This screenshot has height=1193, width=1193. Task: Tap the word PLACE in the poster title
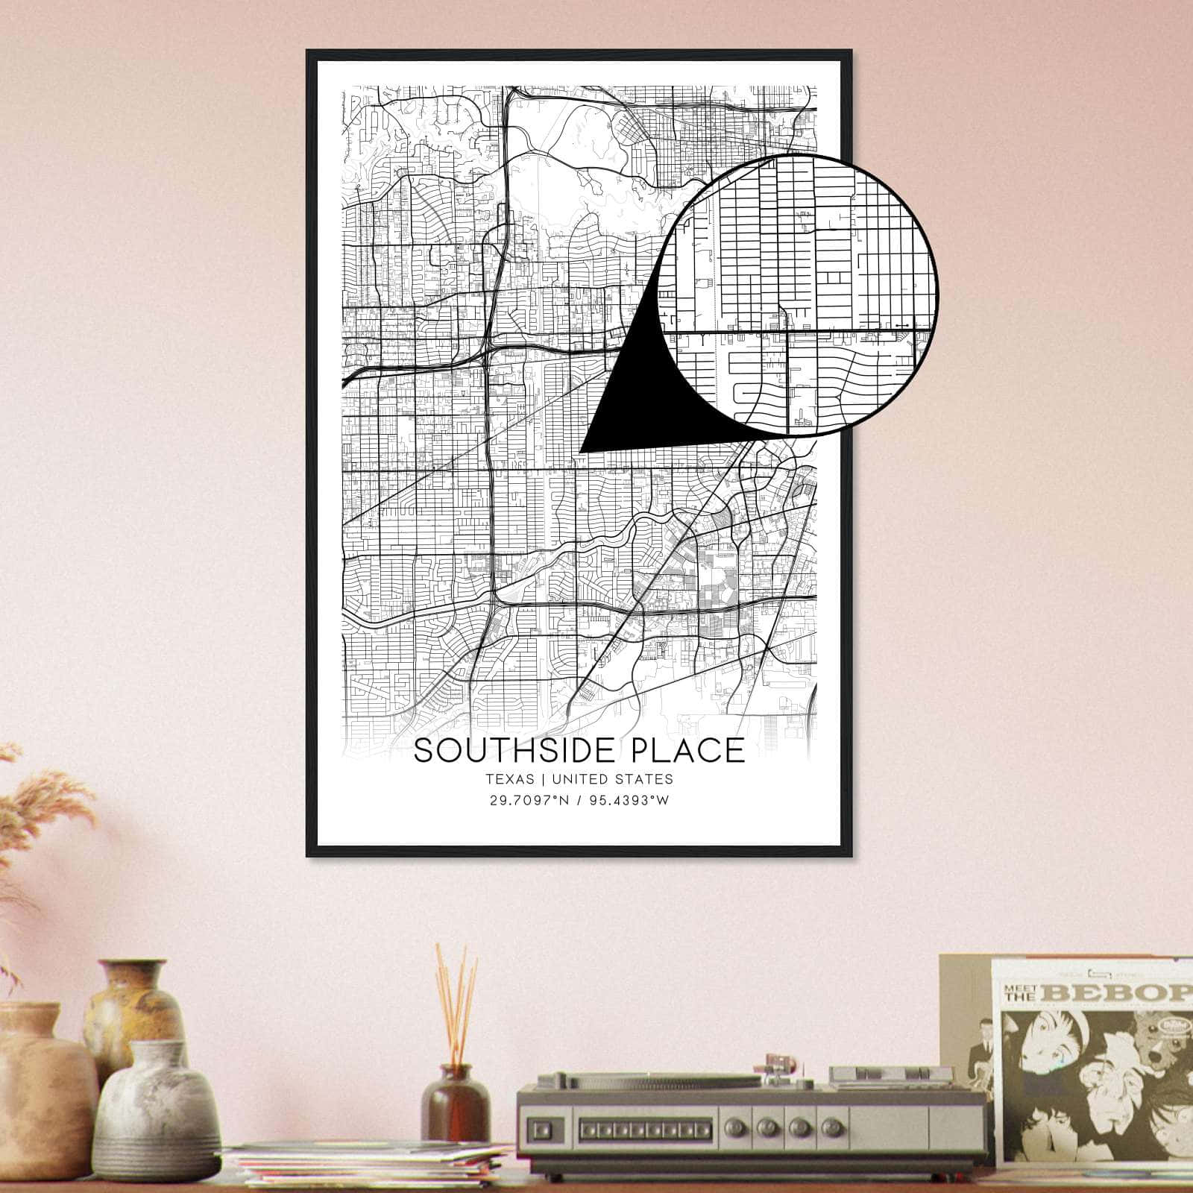pyautogui.click(x=686, y=751)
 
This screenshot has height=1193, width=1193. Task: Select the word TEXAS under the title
pyautogui.click(x=509, y=779)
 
